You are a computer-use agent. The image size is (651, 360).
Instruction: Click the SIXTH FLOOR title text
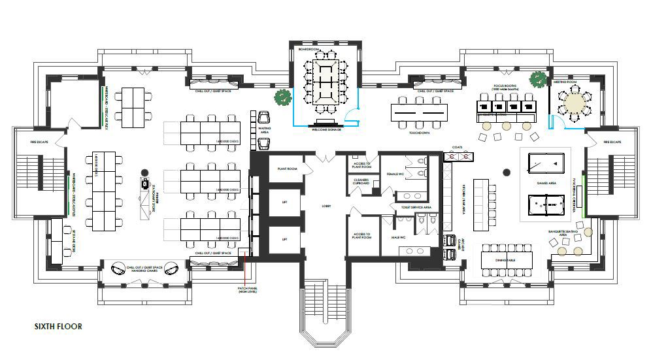58,325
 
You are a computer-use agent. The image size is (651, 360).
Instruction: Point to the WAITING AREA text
265,130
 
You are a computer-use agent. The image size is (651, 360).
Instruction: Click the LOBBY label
326,206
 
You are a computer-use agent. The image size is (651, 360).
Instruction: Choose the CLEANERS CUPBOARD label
361,182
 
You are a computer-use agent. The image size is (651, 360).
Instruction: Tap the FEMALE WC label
394,175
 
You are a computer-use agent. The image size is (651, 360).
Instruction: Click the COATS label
457,148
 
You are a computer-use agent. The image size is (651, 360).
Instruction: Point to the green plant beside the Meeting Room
537,79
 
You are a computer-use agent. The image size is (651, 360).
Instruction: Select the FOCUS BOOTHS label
505,86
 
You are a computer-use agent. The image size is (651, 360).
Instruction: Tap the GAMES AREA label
546,184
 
